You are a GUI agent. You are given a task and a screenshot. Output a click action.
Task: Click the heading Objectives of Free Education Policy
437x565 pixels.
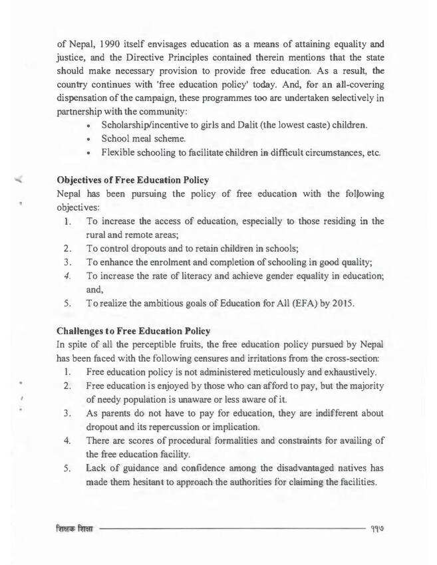[134, 181]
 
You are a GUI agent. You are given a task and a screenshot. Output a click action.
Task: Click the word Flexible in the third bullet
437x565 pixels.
[119, 154]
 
